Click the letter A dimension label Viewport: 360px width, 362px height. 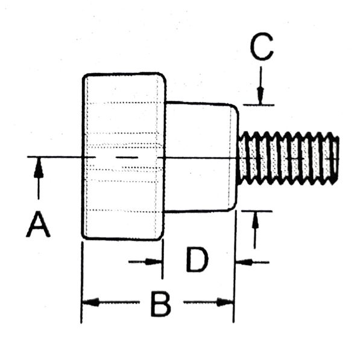click(x=38, y=224)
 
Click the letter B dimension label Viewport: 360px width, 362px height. click(x=161, y=304)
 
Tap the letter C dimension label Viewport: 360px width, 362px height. click(x=262, y=46)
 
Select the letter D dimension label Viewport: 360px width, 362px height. click(x=197, y=259)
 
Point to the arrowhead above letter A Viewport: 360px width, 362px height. click(x=39, y=168)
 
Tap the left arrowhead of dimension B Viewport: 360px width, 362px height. click(x=91, y=302)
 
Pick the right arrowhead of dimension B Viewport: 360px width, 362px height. click(x=225, y=302)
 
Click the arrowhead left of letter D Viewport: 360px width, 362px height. click(x=153, y=262)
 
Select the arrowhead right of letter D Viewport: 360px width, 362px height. click(x=244, y=262)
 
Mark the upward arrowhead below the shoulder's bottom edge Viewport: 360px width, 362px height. click(x=255, y=220)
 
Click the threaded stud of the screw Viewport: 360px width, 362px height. click(x=288, y=158)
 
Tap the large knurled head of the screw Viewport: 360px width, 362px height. click(x=124, y=156)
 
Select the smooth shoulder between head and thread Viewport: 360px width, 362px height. click(x=201, y=156)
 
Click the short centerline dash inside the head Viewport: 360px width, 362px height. click(x=127, y=157)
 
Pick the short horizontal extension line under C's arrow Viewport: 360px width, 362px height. click(x=259, y=105)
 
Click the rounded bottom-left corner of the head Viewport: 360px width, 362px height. click(x=85, y=236)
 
